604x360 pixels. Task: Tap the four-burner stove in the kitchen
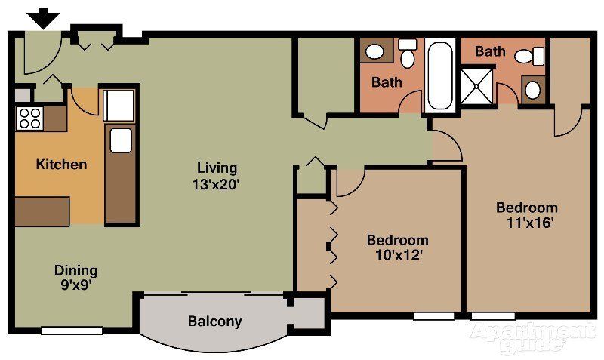point(30,117)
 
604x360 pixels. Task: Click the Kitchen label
point(62,164)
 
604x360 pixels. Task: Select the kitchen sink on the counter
point(121,140)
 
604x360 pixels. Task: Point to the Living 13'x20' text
point(217,175)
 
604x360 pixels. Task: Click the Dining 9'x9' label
point(75,278)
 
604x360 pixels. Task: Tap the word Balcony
point(215,322)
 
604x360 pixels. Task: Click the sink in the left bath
point(374,52)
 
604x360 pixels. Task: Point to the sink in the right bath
point(532,90)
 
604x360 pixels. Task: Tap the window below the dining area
point(72,330)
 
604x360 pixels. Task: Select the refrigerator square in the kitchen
point(119,105)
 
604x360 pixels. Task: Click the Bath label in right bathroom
point(490,52)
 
